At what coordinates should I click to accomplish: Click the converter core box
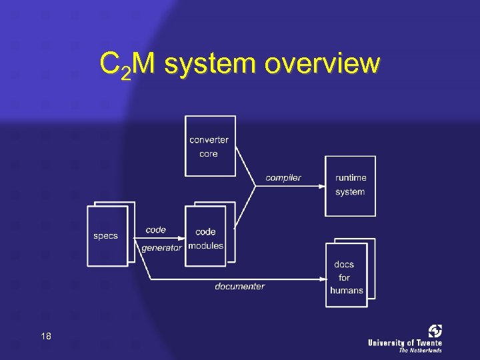tap(210, 146)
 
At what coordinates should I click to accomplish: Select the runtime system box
tap(350, 185)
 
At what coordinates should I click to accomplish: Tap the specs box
tap(107, 236)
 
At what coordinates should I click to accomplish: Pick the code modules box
tap(205, 237)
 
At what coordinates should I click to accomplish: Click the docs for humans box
tap(346, 275)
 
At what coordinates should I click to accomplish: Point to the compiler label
tap(283, 177)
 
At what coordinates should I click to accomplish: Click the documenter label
tap(239, 287)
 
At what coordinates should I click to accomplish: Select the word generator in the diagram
tap(161, 247)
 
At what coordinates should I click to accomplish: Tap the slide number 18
tap(45, 336)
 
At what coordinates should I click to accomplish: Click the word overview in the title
tap(322, 65)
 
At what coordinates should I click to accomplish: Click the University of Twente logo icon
tap(435, 331)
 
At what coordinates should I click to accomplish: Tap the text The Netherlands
tap(420, 350)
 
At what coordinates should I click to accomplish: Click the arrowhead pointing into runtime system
tap(321, 186)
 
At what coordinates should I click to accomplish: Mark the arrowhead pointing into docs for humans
tap(322, 279)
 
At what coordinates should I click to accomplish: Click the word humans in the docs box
tap(347, 290)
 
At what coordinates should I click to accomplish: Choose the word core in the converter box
tap(209, 154)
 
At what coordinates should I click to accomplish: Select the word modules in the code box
tap(205, 245)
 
